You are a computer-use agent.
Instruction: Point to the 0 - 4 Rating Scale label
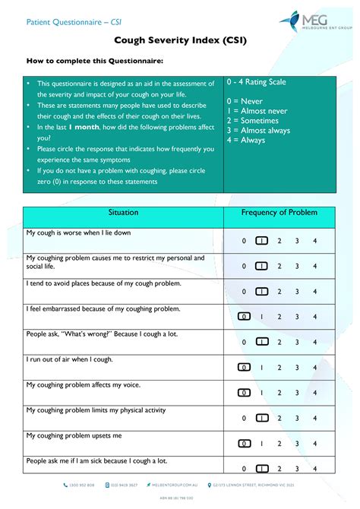(x=256, y=82)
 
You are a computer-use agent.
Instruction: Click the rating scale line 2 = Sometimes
(x=253, y=121)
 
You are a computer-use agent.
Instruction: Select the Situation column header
(x=123, y=213)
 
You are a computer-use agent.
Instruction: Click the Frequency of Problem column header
(x=279, y=213)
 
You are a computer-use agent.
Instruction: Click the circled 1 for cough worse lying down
(x=261, y=242)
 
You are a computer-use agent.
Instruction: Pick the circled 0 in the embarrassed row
(x=244, y=318)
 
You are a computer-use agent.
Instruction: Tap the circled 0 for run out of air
(x=244, y=367)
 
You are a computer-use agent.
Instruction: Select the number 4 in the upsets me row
(x=314, y=443)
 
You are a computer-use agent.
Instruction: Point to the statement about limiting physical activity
(x=96, y=410)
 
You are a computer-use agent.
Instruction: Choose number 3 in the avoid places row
(x=297, y=292)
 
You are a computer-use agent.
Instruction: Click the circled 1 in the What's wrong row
(x=261, y=343)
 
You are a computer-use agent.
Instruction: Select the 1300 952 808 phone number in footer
(x=83, y=485)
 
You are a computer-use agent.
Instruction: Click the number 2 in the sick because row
(x=279, y=469)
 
